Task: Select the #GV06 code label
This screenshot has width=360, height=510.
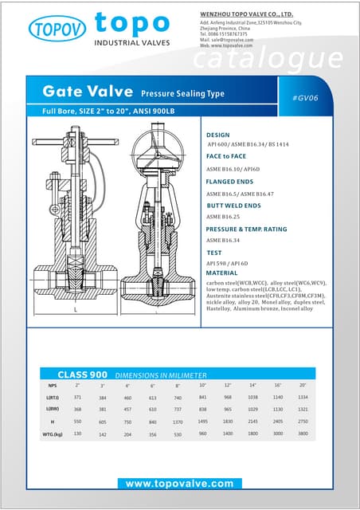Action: (306, 97)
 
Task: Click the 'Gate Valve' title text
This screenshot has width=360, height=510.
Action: (88, 92)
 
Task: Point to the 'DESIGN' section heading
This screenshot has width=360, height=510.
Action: (217, 135)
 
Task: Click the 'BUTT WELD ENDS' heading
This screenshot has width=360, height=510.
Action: (233, 206)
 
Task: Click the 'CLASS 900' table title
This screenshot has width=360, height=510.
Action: (82, 375)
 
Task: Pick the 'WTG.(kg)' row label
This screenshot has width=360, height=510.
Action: (53, 434)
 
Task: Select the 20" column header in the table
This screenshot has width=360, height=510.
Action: (303, 385)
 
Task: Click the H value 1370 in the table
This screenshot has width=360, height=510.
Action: (178, 422)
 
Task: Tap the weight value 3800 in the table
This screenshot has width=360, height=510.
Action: (303, 434)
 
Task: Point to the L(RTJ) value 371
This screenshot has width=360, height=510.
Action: (77, 397)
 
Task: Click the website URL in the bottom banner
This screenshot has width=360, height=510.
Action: (179, 484)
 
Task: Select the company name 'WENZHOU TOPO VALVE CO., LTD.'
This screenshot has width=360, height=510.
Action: (245, 14)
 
